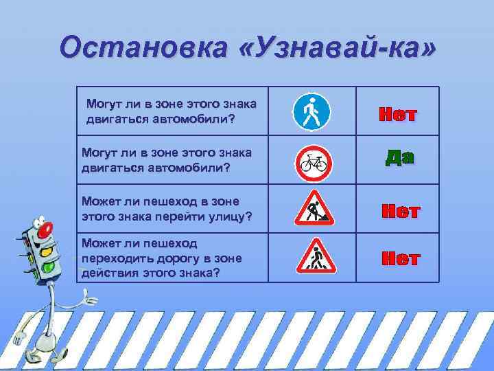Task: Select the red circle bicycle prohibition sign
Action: coord(314,162)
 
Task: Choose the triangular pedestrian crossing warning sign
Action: coord(314,256)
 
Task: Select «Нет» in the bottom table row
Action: coord(401,259)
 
